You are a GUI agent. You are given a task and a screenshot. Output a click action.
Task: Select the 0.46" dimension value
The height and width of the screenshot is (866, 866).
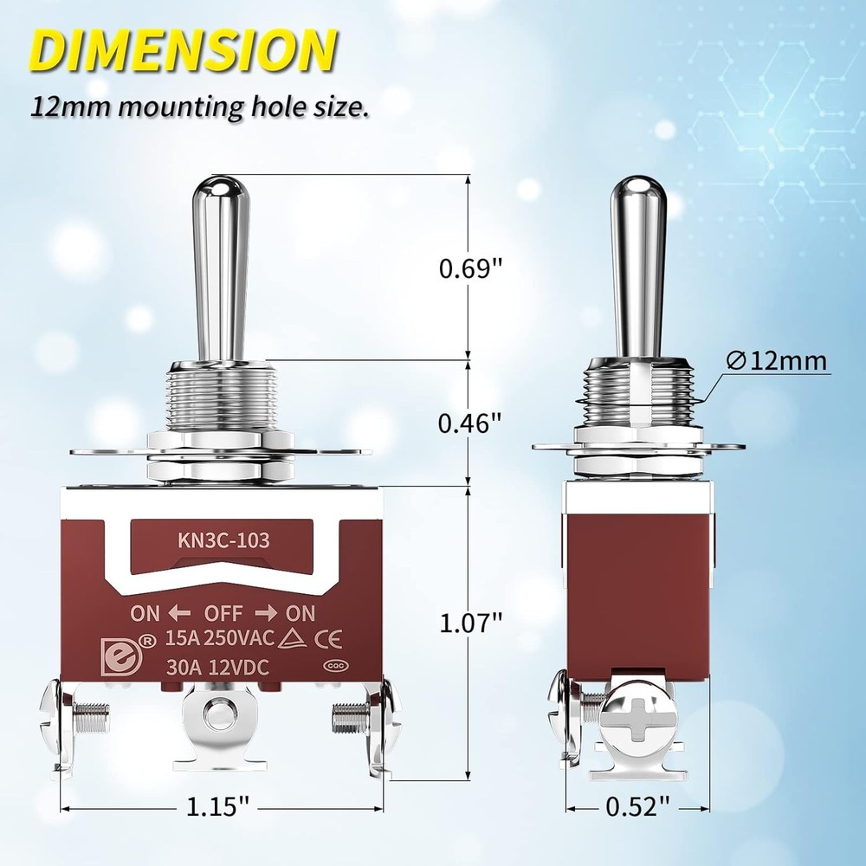470,423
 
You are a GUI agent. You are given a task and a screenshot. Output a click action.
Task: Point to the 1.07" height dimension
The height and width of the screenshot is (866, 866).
470,621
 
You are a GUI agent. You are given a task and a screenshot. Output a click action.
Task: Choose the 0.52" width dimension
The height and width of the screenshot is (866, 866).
638,807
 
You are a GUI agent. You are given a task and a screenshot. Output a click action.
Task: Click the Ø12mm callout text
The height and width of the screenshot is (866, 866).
777,361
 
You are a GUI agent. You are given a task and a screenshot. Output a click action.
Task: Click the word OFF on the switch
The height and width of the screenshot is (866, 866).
223,613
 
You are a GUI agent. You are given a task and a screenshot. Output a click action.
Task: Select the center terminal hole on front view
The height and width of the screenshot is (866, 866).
219,717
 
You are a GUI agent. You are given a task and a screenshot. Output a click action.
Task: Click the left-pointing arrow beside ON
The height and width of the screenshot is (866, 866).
180,613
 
